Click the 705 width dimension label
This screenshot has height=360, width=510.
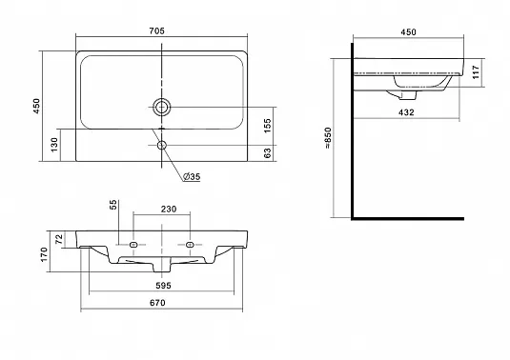pos(156,30)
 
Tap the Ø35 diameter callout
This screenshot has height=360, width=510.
pos(192,177)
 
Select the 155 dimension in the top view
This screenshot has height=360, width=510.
pos(267,126)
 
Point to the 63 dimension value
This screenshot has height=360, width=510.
pos(267,153)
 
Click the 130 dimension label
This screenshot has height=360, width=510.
pos(54,144)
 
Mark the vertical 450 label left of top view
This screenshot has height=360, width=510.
pos(36,106)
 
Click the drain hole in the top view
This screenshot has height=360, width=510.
pos(162,107)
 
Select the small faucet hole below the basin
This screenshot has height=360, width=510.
pos(162,145)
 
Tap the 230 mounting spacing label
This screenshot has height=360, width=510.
pos(169,209)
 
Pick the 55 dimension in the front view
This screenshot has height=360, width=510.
pos(112,205)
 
